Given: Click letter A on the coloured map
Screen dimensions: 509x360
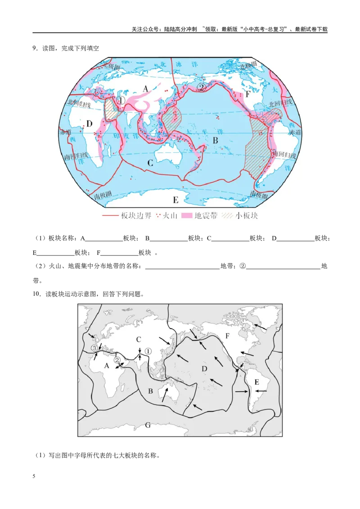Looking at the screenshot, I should (x=145, y=89).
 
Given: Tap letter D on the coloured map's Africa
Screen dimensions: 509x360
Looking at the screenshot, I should (x=89, y=124).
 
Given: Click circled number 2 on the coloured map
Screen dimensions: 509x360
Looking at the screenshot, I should (x=202, y=87).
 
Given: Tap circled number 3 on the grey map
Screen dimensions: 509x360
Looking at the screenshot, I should (x=94, y=348).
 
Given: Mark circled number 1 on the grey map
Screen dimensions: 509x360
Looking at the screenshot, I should (x=149, y=350).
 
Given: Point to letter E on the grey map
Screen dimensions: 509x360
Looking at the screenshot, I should (x=256, y=382).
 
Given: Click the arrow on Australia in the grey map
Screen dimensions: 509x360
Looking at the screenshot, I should (x=166, y=395).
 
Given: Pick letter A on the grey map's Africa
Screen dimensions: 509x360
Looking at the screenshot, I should (x=107, y=366).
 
